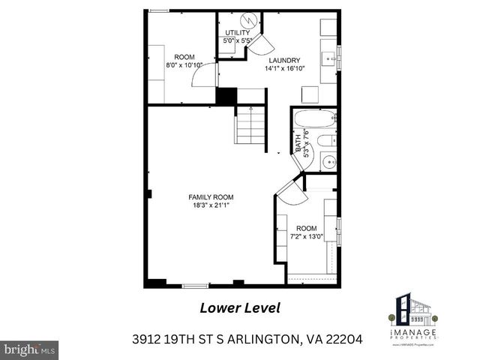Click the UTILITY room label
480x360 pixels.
(x=238, y=33)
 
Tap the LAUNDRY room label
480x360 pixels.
(x=282, y=61)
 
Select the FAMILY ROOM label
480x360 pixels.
(x=208, y=197)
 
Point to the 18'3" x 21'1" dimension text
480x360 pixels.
(x=208, y=205)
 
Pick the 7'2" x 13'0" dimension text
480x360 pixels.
(x=306, y=236)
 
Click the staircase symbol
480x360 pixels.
(x=250, y=125)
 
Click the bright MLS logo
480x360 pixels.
(x=30, y=349)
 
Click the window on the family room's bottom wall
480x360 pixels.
(x=196, y=285)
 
